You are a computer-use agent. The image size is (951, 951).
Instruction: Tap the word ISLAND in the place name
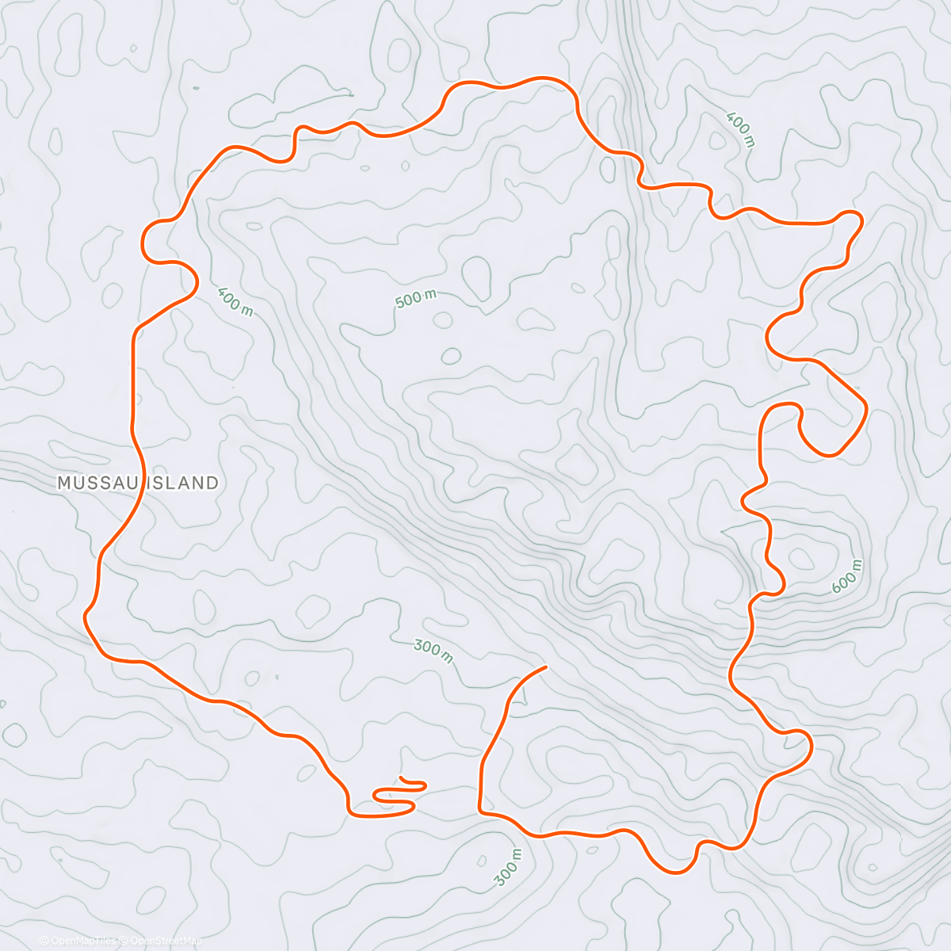(183, 483)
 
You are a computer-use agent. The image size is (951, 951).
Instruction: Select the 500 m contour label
(416, 299)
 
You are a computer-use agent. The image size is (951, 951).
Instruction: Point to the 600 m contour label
(847, 576)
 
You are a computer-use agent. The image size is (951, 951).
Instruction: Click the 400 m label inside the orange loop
(235, 300)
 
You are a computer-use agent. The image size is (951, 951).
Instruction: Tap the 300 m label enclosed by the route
(433, 651)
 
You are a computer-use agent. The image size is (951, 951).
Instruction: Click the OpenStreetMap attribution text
(166, 941)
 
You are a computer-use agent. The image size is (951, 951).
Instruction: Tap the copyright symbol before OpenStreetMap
(124, 941)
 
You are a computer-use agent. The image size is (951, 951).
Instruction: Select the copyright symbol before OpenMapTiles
(44, 941)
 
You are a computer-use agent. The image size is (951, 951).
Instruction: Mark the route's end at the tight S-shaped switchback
(402, 779)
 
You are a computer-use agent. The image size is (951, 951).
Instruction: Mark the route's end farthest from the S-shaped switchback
(546, 667)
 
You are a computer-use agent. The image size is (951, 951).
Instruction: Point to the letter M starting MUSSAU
(64, 483)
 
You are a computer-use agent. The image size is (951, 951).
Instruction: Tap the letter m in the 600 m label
(855, 567)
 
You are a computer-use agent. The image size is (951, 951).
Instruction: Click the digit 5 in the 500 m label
(399, 303)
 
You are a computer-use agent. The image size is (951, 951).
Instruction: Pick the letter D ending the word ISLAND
(212, 483)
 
